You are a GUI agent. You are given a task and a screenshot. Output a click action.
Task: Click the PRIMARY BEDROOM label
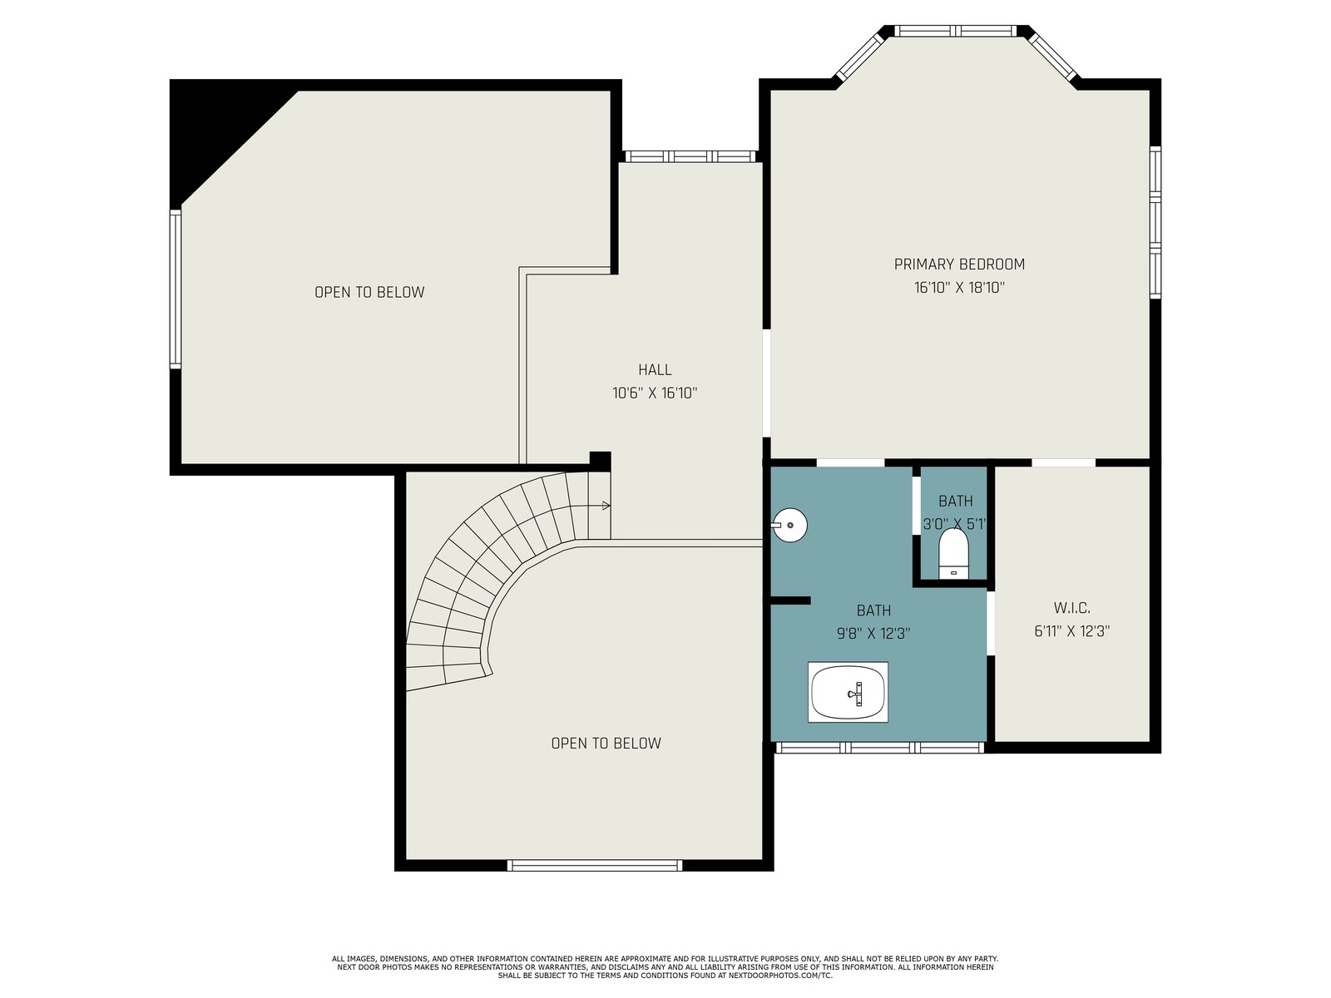(959, 264)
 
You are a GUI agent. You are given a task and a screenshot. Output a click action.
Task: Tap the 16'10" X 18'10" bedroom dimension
(959, 287)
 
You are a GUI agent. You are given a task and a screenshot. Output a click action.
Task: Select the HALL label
(655, 369)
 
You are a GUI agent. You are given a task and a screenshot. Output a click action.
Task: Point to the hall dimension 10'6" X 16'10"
(655, 393)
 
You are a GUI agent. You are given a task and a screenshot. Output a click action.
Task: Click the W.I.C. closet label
(1072, 608)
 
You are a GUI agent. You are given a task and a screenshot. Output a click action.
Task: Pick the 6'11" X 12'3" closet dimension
(1072, 631)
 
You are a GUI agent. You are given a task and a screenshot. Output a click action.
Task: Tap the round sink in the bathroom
(789, 525)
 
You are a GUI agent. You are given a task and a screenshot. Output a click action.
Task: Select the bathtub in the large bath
(848, 692)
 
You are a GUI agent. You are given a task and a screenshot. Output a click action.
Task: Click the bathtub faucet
(856, 694)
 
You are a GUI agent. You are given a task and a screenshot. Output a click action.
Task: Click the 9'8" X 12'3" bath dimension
(873, 634)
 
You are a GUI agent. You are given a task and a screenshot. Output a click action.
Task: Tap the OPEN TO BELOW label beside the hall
(369, 292)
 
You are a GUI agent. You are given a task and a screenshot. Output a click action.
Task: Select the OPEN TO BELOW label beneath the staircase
(606, 744)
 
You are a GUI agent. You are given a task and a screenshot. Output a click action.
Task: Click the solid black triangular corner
(218, 127)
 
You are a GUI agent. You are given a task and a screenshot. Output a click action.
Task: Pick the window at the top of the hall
(690, 156)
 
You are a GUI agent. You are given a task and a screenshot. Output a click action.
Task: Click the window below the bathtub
(879, 748)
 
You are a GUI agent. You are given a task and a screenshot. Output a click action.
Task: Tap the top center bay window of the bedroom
(955, 31)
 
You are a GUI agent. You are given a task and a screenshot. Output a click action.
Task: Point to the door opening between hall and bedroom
(766, 383)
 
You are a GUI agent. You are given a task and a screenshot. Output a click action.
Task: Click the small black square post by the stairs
(600, 461)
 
